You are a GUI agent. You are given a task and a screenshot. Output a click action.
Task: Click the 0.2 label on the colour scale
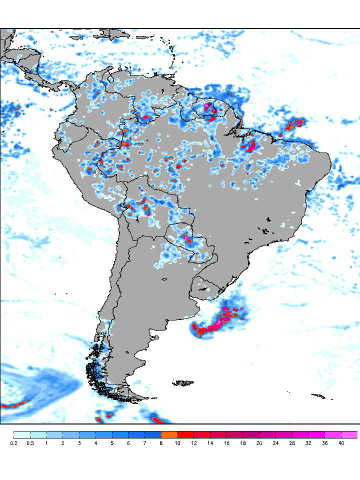tap(14, 443)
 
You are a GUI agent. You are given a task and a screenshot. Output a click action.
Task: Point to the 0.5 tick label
tap(30, 443)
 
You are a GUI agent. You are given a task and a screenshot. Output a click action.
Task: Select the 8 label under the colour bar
tap(161, 443)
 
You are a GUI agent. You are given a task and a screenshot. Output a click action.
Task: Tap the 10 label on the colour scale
tap(178, 443)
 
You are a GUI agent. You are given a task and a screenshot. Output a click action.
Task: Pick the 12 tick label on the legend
tap(194, 443)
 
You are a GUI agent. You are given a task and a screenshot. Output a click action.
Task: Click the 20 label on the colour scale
tap(259, 443)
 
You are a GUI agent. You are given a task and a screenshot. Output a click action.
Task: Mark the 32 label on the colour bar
tap(308, 443)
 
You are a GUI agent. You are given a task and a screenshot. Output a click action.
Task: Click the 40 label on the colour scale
tap(341, 443)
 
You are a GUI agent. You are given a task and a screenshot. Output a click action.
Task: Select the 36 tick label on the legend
tap(325, 443)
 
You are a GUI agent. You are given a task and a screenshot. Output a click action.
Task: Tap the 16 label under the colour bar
tap(227, 443)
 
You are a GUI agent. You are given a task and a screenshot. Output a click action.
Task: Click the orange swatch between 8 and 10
tap(169, 435)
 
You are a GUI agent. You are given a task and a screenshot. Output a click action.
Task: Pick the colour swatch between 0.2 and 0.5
tap(22, 435)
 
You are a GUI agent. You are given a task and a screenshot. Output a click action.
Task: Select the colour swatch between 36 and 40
tap(333, 435)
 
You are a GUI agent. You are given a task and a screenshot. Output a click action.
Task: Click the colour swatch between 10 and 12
tap(186, 435)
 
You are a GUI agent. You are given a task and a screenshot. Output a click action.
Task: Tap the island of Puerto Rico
tap(139, 36)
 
